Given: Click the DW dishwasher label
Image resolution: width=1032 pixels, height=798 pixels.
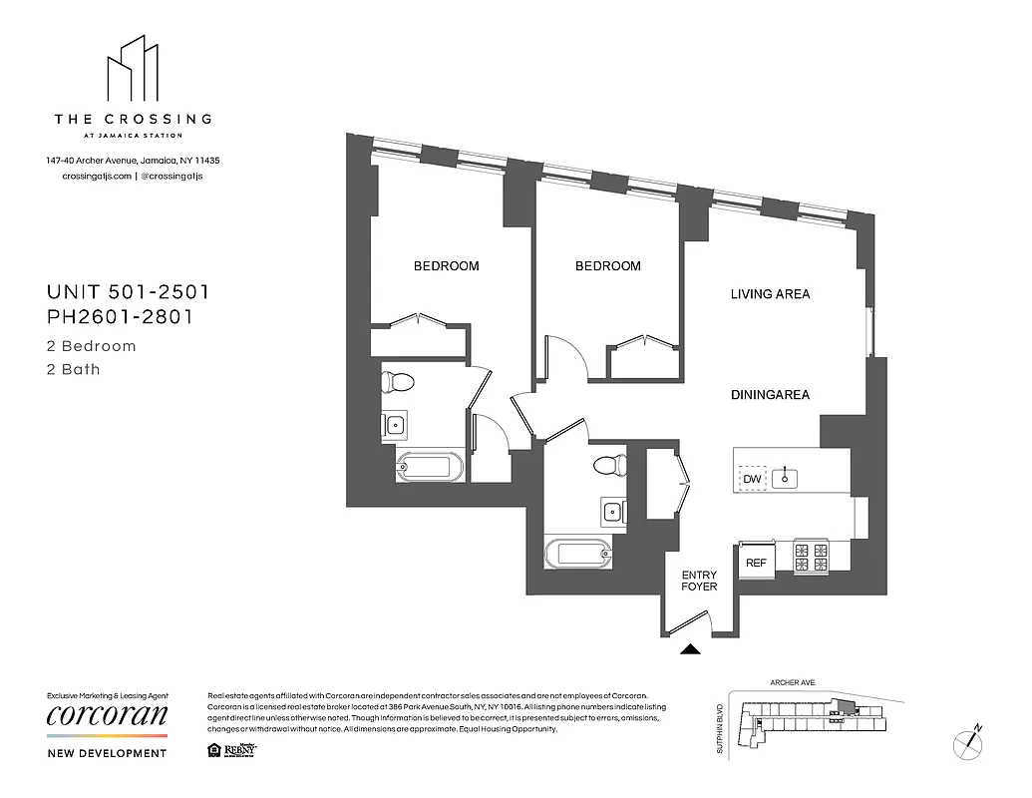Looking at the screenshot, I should pos(752,480).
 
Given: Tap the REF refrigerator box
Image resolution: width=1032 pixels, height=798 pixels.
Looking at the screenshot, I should pos(756,563).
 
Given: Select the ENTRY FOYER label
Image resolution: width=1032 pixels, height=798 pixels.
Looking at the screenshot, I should pos(699,581).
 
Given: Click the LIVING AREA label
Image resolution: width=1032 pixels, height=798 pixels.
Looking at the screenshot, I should pos(770,294).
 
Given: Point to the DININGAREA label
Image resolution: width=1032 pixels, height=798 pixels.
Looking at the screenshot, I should pos(770,395).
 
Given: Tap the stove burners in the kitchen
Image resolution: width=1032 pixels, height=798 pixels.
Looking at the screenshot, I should pos(811,558).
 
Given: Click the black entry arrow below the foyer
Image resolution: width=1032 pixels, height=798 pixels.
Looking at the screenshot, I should pos(689,649).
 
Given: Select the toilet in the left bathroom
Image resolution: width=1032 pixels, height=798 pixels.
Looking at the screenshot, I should pos(400,381).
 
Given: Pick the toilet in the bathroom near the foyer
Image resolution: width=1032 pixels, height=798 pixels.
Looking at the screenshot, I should pos(607,465).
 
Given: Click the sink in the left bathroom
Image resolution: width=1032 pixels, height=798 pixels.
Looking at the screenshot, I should pos(395,425).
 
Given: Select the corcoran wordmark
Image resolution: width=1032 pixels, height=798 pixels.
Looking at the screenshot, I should pos(108,716).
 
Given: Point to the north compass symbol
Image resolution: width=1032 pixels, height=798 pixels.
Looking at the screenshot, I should pos(968,741).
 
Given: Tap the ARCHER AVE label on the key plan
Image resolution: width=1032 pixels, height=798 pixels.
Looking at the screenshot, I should pos(793,683).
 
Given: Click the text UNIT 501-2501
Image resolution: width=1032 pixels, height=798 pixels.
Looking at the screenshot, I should pos(128,292).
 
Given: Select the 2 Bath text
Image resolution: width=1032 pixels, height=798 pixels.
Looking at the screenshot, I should pos(74,369).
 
